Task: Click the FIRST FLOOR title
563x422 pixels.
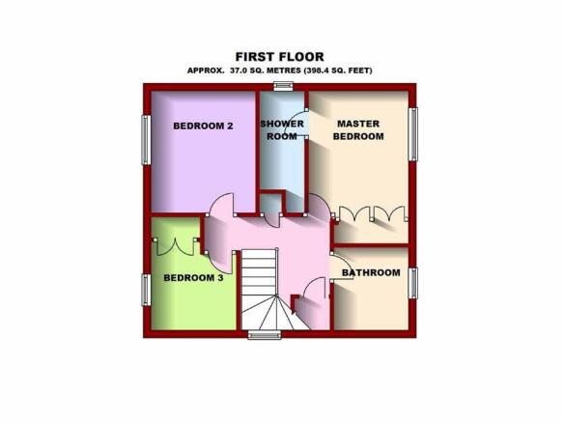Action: (x=280, y=57)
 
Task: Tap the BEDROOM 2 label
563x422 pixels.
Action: (x=203, y=127)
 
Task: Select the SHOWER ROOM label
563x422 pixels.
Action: (x=282, y=130)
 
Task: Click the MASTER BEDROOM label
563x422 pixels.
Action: (x=358, y=130)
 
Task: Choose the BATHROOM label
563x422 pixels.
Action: (x=371, y=272)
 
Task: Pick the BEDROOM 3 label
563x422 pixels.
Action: (x=193, y=277)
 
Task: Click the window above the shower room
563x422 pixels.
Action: (x=283, y=87)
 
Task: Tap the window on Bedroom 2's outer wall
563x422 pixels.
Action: (x=146, y=140)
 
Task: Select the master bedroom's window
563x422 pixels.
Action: (x=413, y=134)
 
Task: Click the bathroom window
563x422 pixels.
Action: (x=413, y=283)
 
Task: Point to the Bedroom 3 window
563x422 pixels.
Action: (x=146, y=290)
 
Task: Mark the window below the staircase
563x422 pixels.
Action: (x=265, y=335)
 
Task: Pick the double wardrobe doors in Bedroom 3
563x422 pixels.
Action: (x=176, y=246)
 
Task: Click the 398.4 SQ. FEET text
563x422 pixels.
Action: (x=338, y=70)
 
